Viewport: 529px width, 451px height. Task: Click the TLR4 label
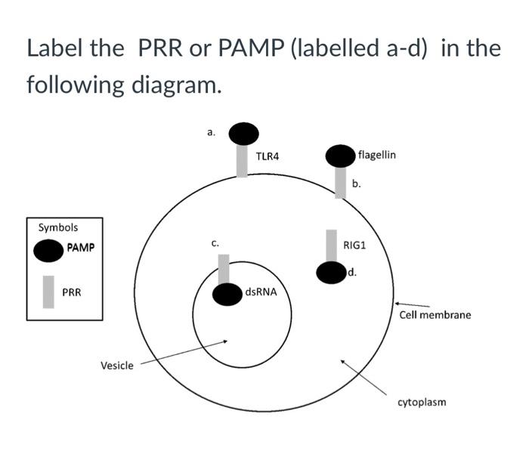267,157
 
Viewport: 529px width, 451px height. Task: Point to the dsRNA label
261,292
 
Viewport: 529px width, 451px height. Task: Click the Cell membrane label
435,314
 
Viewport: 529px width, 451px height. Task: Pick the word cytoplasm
422,401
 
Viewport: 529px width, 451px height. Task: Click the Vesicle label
117,366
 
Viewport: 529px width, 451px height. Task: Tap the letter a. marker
212,132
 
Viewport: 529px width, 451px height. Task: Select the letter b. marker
356,184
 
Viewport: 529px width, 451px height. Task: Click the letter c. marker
215,243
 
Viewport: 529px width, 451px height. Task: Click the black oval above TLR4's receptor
243,133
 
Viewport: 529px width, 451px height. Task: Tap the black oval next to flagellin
340,156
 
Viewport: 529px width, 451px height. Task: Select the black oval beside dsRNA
227,295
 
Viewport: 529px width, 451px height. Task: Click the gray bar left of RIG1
331,246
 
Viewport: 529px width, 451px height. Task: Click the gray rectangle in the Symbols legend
48,292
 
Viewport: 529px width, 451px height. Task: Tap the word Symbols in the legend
57,227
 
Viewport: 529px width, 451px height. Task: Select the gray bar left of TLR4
242,160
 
